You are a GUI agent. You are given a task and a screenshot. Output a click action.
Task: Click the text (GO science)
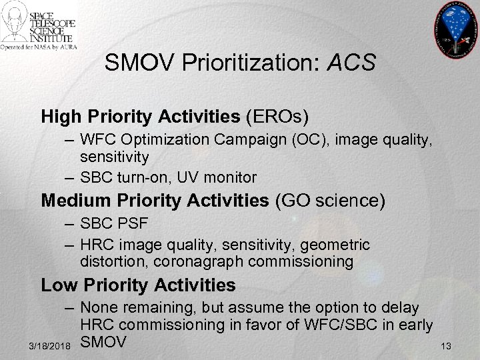330,200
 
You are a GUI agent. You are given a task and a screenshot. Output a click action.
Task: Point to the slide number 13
446,346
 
